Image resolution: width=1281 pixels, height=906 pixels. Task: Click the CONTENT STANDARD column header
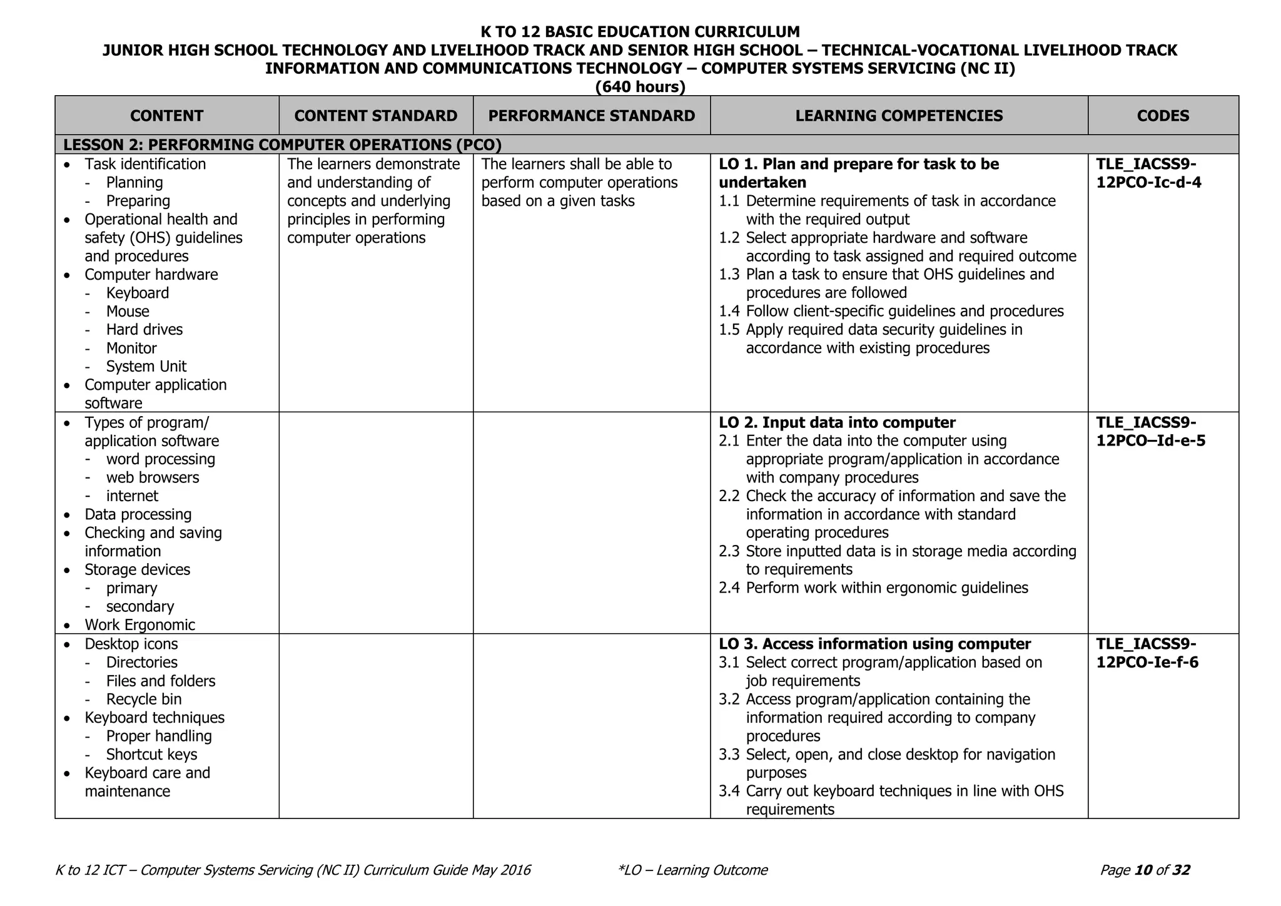coord(376,116)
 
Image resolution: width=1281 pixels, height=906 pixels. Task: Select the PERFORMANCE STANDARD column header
coord(591,116)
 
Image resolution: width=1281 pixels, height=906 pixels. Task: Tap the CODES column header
coord(1163,116)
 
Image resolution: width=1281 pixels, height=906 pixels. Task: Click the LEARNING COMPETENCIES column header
coord(899,116)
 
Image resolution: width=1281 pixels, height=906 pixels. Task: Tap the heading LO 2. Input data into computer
coord(837,423)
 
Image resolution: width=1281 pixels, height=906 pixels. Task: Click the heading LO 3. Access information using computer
coord(874,644)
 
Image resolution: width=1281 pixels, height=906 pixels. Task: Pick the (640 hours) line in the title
coord(640,87)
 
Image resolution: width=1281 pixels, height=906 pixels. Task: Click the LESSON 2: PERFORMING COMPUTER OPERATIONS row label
coord(282,145)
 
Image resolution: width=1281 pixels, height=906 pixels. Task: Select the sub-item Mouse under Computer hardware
coord(128,312)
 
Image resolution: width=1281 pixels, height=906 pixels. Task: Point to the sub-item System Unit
coord(146,367)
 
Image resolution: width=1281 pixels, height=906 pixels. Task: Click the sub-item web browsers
coord(153,478)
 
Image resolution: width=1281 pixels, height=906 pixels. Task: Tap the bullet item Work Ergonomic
coord(139,625)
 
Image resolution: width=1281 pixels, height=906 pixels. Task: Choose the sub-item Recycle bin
coord(144,700)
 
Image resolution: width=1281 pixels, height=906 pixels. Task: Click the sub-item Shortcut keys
coord(151,755)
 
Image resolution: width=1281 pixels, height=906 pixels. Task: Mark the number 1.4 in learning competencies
coord(729,312)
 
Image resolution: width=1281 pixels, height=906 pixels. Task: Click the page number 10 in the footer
coord(1143,870)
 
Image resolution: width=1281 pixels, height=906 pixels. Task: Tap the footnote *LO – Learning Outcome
coord(692,870)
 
